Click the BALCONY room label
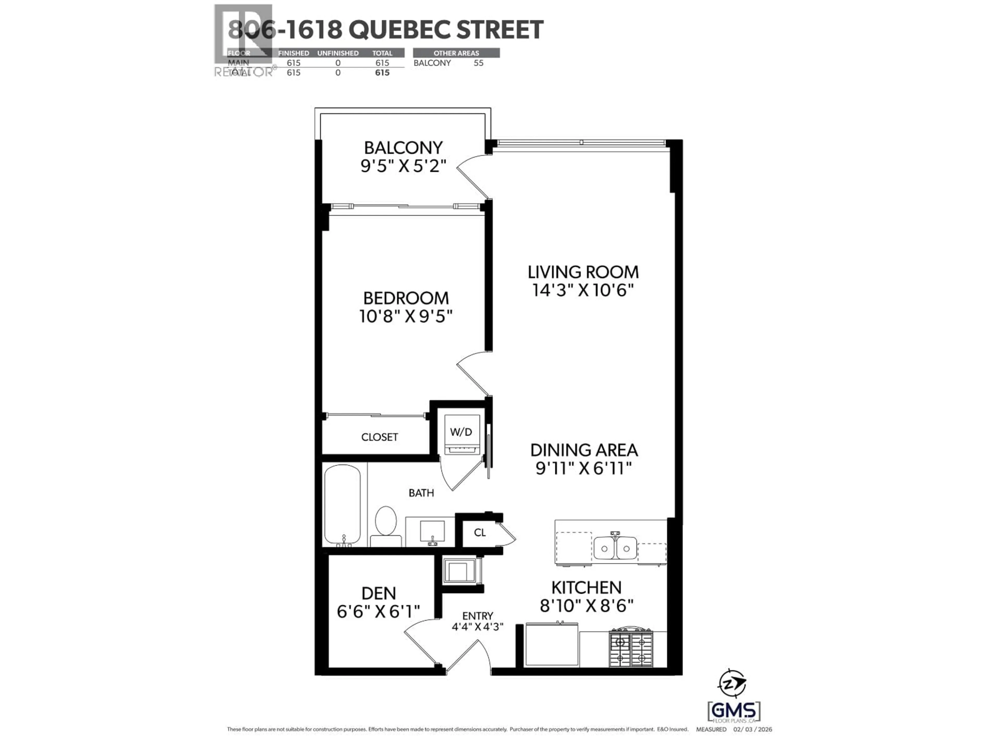403,148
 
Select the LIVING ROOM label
583,272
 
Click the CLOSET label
379,437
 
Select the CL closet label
480,533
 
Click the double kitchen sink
615,548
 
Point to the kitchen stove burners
631,649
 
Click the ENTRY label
477,616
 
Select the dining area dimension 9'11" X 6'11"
583,468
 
